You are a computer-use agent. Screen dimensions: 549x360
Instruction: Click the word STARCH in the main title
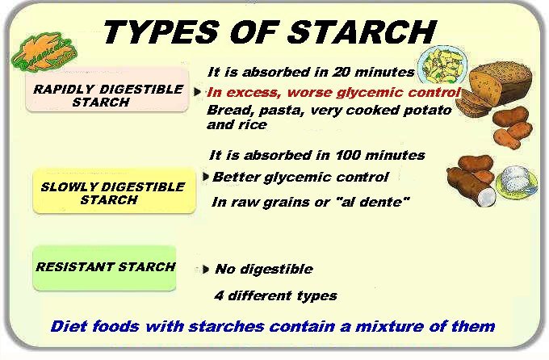tap(363, 31)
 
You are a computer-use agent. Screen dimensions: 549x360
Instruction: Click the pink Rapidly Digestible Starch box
tap(107, 90)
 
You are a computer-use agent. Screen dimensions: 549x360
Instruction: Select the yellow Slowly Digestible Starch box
tap(114, 190)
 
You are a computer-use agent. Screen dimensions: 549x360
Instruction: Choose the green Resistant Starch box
tap(104, 268)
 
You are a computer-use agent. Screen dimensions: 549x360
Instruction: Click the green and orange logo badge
tap(44, 52)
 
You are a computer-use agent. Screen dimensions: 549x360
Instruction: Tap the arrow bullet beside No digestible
tap(206, 270)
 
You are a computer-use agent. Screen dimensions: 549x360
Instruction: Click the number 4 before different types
tap(219, 296)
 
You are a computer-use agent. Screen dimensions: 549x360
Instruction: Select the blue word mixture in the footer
tap(389, 327)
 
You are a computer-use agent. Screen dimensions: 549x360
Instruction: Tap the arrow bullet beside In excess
tap(198, 92)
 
